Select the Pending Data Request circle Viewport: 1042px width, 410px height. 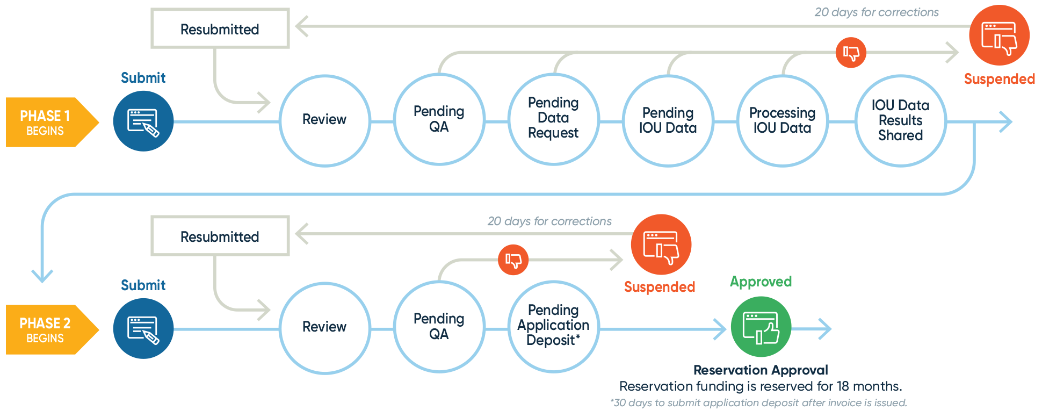tap(553, 118)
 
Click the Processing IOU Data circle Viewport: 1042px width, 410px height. tap(782, 121)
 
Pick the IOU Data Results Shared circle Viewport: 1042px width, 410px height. tap(900, 121)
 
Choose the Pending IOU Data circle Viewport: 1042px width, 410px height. tap(668, 121)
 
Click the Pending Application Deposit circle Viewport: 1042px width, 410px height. tap(553, 326)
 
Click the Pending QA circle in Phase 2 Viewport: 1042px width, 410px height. tap(439, 327)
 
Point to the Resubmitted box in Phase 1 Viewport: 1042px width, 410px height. tap(220, 29)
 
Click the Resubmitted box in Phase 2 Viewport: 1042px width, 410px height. tap(220, 236)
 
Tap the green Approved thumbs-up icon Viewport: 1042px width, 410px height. tap(761, 327)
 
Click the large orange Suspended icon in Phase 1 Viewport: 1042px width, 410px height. tap(999, 36)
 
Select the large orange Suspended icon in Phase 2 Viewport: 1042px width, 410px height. tap(661, 244)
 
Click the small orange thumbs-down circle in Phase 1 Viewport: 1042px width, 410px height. tap(851, 53)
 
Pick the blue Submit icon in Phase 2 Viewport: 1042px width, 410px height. tap(143, 328)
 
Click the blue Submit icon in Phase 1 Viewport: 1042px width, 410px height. tap(143, 121)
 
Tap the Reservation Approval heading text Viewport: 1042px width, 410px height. tap(761, 370)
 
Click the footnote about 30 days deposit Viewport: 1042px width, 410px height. tap(758, 402)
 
